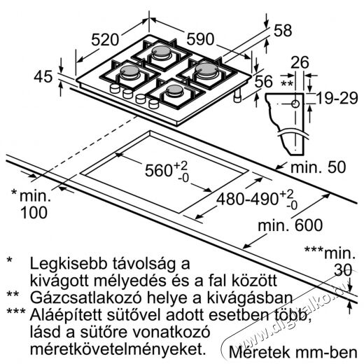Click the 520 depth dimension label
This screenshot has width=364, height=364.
point(105,40)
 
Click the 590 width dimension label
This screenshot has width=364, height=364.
point(200,39)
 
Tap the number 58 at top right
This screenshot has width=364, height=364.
point(283,31)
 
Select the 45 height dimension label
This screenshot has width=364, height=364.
point(43,76)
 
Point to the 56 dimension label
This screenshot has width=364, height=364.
point(264,81)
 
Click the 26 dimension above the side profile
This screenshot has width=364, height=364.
point(300,62)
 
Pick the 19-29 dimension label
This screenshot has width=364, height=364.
point(337,98)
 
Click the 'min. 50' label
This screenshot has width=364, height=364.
point(318,167)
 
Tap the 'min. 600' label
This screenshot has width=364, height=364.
point(290,225)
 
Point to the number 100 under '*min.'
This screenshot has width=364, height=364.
point(34,213)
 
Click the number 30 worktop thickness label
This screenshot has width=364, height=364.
point(343,270)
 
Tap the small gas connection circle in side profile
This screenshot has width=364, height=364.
point(295,104)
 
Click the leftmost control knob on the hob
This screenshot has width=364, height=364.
point(115,88)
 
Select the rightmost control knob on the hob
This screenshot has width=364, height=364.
point(153,104)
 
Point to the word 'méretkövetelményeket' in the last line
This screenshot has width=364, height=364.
point(116,349)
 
